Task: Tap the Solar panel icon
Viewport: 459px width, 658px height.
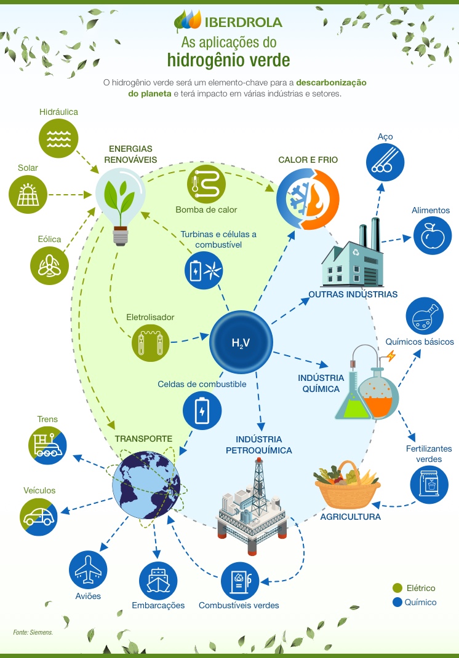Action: [x=28, y=195]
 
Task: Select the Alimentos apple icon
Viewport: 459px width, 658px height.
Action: [x=431, y=235]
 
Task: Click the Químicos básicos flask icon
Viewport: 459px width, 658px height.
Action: [x=425, y=316]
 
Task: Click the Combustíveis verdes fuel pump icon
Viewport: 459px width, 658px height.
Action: [x=241, y=581]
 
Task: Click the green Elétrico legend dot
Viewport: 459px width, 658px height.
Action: [x=397, y=589]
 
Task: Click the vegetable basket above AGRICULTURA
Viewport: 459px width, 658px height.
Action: [x=346, y=486]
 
